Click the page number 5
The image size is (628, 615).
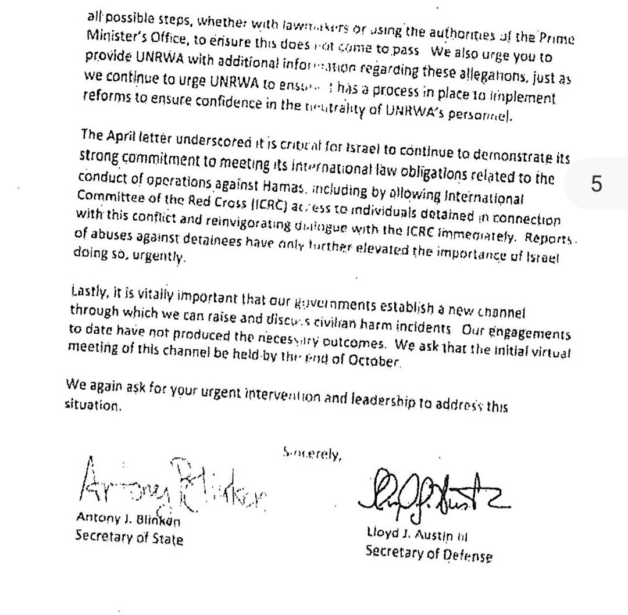pos(595,185)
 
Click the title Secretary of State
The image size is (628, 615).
pos(129,537)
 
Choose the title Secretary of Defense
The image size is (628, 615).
pos(429,552)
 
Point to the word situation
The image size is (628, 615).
pos(93,406)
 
